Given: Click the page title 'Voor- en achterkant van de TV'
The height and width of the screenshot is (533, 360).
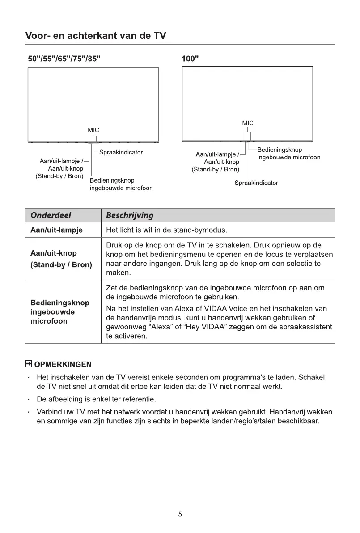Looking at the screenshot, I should [96, 35].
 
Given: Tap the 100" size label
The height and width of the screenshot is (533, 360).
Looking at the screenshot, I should [191, 59].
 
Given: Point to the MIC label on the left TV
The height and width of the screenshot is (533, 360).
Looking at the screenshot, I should [93, 130].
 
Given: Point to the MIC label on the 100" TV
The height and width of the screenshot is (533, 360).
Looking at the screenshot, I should [248, 123].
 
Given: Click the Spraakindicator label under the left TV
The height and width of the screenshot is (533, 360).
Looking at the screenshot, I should [121, 152].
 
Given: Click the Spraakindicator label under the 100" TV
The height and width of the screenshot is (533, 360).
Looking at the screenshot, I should [256, 183].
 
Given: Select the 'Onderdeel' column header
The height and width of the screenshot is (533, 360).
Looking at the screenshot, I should [51, 215].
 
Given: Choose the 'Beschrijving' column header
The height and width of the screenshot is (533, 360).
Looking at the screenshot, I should [130, 215].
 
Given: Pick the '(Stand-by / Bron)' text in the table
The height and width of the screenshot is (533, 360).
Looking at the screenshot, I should [61, 265].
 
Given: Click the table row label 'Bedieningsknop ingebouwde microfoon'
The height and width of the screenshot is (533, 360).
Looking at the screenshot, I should [59, 312].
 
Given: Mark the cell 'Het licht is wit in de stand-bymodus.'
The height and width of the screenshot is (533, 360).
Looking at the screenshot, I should [167, 231].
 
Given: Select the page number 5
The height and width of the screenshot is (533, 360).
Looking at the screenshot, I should [180, 514].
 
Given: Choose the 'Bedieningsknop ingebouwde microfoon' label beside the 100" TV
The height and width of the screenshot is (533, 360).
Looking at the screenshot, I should [288, 154].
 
